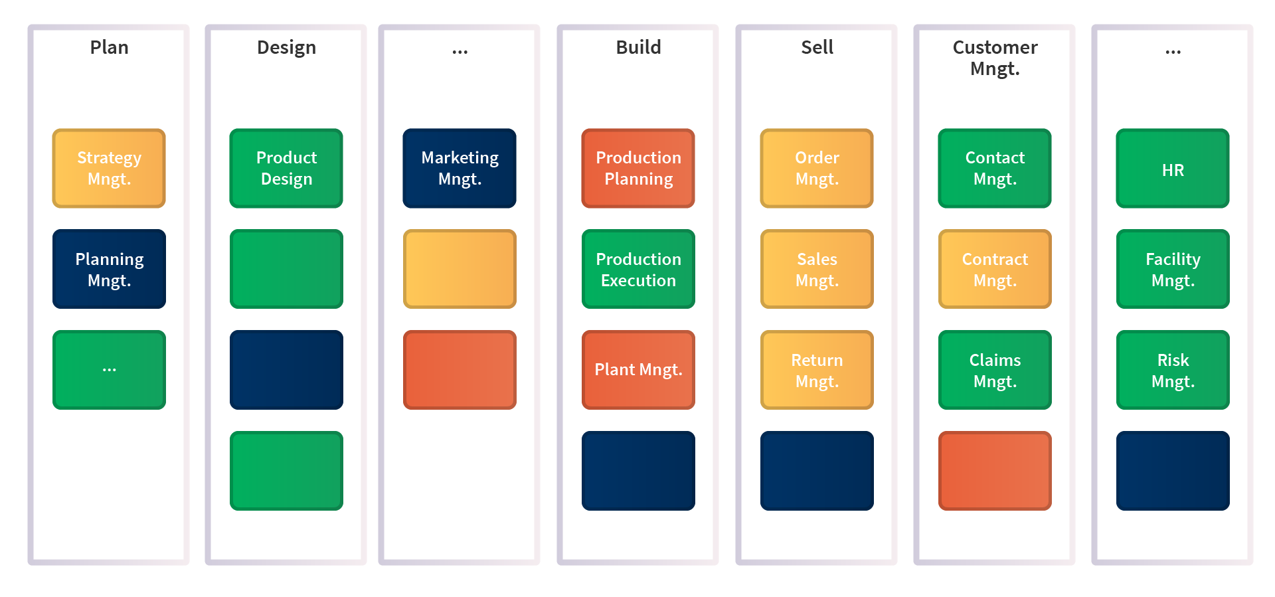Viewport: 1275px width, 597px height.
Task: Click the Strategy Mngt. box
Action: [x=109, y=168]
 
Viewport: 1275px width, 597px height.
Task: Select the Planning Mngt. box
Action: [x=109, y=269]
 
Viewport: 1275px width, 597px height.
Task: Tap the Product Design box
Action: [x=286, y=168]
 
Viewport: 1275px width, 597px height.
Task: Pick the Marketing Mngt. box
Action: [x=460, y=168]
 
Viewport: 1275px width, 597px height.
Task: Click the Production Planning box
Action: [x=638, y=168]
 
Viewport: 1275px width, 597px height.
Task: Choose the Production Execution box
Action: [x=638, y=269]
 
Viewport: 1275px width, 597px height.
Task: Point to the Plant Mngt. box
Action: [x=638, y=370]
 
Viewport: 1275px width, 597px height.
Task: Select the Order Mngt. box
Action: [x=817, y=168]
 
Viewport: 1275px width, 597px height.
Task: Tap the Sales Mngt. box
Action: [x=817, y=269]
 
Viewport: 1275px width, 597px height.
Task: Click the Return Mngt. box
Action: [x=817, y=370]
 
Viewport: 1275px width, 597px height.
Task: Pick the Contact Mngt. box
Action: [x=995, y=168]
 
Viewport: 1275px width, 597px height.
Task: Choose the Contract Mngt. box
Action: [x=995, y=269]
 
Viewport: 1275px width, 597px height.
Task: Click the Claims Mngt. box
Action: [x=995, y=370]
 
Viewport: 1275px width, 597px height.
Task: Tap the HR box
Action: [x=1173, y=168]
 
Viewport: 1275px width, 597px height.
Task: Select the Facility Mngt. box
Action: [x=1173, y=269]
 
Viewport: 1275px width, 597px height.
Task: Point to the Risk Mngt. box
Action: [x=1173, y=370]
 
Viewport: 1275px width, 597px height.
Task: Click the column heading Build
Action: [x=638, y=47]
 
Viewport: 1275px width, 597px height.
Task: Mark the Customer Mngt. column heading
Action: [x=995, y=58]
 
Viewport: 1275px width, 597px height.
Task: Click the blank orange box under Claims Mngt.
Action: [x=995, y=471]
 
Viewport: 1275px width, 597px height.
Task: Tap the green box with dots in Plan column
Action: [x=109, y=370]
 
